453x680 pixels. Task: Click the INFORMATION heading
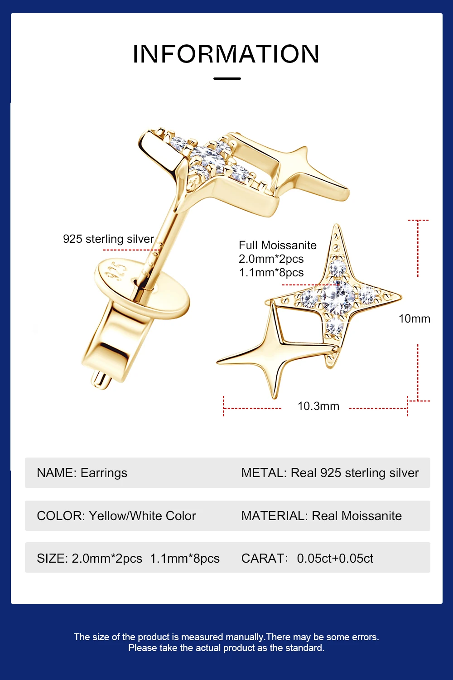226,54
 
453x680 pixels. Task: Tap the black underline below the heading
227,78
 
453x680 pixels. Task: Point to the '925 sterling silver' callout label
108,239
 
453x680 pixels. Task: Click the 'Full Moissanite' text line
277,245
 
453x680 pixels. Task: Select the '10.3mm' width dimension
318,406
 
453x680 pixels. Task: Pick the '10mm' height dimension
414,318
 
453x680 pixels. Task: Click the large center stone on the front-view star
338,297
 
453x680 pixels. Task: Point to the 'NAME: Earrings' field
82,473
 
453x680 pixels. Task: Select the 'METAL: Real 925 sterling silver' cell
330,473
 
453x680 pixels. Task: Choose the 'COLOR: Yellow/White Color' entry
116,516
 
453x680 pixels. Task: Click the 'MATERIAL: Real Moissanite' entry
321,516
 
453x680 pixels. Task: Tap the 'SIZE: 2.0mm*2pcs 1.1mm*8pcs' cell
128,558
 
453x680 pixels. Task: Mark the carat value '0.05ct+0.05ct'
335,558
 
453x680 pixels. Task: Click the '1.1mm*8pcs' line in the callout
271,272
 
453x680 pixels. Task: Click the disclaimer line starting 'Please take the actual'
226,648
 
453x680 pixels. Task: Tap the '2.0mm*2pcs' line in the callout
271,259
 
